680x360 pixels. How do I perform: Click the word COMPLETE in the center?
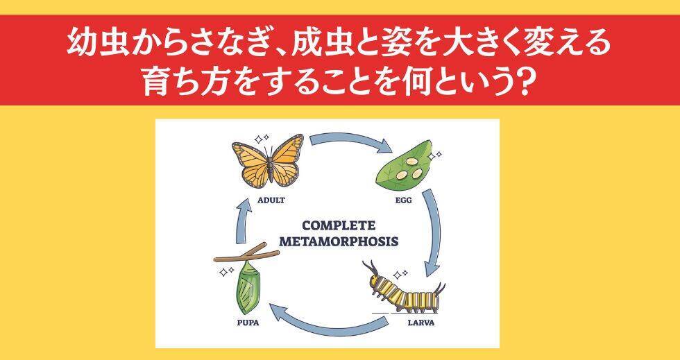pos(339,226)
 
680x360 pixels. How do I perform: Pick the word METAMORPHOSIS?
pos(339,242)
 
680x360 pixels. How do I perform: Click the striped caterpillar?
pos(407,287)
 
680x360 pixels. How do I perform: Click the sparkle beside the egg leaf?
pos(436,158)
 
